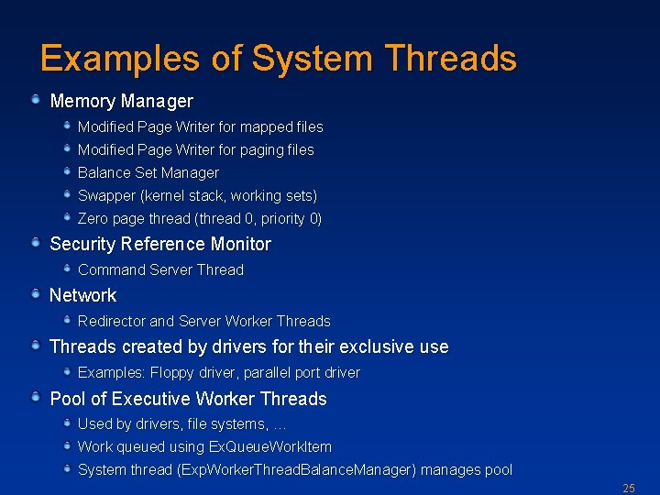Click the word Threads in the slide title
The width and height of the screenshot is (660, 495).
point(450,59)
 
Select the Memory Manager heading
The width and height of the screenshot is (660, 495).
point(121,101)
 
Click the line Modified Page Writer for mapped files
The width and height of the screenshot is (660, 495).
point(200,126)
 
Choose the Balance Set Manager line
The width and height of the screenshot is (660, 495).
point(148,172)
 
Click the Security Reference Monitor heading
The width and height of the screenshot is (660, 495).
point(160,244)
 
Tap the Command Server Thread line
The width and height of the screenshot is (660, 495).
point(160,269)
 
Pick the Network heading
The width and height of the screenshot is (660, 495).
point(82,295)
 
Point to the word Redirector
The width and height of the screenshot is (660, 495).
point(111,321)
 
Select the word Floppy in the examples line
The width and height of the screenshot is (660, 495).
point(170,372)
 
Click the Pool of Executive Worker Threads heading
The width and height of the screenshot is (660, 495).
point(188,399)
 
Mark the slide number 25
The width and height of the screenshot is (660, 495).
point(628,488)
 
